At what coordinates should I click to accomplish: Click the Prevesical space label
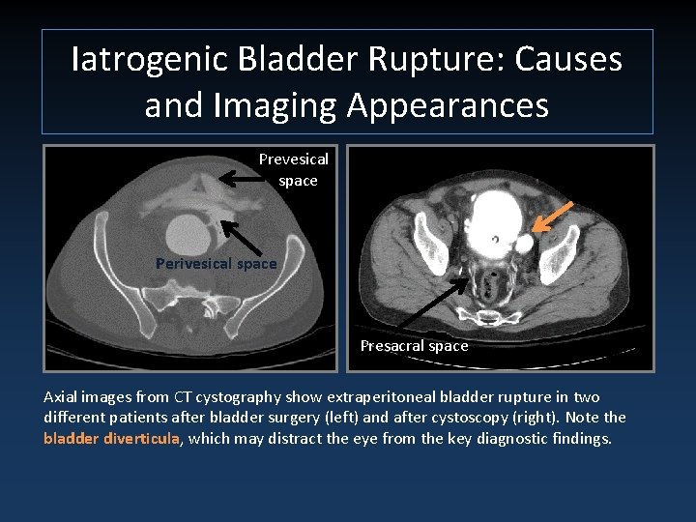[x=294, y=169]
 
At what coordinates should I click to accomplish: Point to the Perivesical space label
[x=216, y=263]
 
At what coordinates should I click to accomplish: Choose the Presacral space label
[x=414, y=345]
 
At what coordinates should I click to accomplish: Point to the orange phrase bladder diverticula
[x=111, y=438]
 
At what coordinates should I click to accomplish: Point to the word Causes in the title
[x=568, y=60]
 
